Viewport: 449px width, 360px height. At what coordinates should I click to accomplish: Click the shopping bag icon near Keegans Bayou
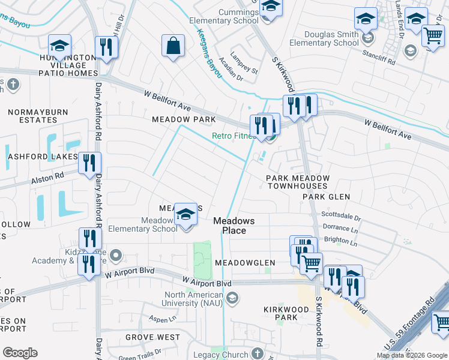[173, 46]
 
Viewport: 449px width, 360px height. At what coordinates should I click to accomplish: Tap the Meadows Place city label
[234, 226]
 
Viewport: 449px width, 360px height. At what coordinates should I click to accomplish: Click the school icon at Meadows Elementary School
[186, 215]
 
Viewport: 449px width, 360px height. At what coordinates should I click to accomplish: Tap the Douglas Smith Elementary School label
[324, 38]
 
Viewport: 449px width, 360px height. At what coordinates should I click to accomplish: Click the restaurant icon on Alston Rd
[89, 164]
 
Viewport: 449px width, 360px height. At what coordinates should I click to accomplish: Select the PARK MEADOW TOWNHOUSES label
[298, 182]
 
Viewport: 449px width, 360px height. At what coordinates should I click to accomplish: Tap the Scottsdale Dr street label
[341, 217]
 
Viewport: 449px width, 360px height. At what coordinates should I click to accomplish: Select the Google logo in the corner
[20, 353]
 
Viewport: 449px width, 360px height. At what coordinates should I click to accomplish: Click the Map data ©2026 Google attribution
[412, 355]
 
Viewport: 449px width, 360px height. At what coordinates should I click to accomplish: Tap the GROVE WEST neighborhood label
[152, 337]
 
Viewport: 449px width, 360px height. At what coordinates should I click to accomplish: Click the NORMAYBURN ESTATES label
[32, 116]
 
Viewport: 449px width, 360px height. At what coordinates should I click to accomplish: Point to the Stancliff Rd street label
[379, 61]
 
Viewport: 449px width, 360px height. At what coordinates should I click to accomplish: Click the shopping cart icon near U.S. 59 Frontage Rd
[441, 322]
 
